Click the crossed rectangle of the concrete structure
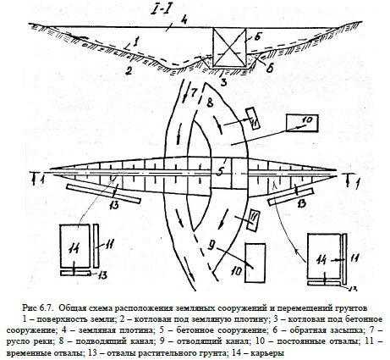(x=229, y=47)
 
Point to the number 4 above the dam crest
(x=184, y=20)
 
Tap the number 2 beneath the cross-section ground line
(x=129, y=70)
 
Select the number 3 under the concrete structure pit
(x=223, y=82)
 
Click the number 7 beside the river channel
(x=193, y=92)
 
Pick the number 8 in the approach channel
(x=210, y=103)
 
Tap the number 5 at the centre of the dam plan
(x=220, y=172)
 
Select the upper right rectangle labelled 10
(x=302, y=123)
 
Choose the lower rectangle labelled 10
(x=255, y=263)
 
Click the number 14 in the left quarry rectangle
(x=73, y=248)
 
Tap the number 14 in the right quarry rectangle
(x=321, y=259)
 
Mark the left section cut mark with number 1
(x=37, y=179)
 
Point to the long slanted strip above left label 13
(x=103, y=193)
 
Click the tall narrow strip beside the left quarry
(x=96, y=246)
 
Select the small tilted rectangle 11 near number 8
(x=252, y=119)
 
